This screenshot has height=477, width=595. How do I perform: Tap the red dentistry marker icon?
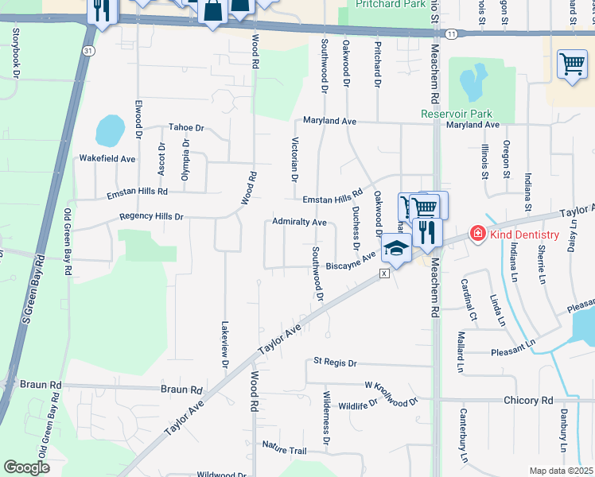coord(477,233)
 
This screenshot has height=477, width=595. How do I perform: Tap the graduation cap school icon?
coord(395,249)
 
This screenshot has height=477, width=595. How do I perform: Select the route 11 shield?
coord(452,33)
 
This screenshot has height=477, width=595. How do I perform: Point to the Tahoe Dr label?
coord(186,128)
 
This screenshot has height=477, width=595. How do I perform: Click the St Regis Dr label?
coord(335,362)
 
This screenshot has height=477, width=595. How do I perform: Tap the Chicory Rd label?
coord(527,401)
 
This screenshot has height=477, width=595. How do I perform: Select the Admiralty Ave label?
coord(300,222)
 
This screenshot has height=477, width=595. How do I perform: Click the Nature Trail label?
coord(284,451)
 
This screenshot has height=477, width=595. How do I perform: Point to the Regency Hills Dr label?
coord(151,216)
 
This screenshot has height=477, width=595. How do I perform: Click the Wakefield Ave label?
coord(107,159)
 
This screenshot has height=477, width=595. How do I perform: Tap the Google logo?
coord(26,467)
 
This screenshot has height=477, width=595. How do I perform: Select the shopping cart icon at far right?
coord(572,64)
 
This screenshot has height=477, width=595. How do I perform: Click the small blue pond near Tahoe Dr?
coord(110,128)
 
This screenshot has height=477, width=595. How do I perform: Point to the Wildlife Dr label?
coord(357,405)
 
